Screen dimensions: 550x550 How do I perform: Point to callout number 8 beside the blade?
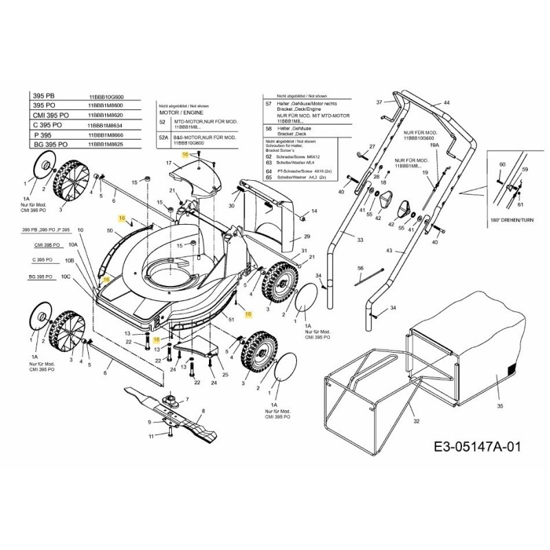point(203,410)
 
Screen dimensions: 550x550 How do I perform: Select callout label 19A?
point(434,146)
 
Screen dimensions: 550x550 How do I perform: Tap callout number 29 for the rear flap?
point(307,236)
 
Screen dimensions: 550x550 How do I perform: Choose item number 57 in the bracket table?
point(268,103)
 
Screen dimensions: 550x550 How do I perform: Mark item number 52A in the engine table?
point(164,137)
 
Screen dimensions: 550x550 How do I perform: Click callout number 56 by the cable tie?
point(360,267)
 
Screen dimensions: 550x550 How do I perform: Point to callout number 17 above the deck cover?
point(167,163)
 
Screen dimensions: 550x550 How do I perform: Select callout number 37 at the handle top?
point(378,102)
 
